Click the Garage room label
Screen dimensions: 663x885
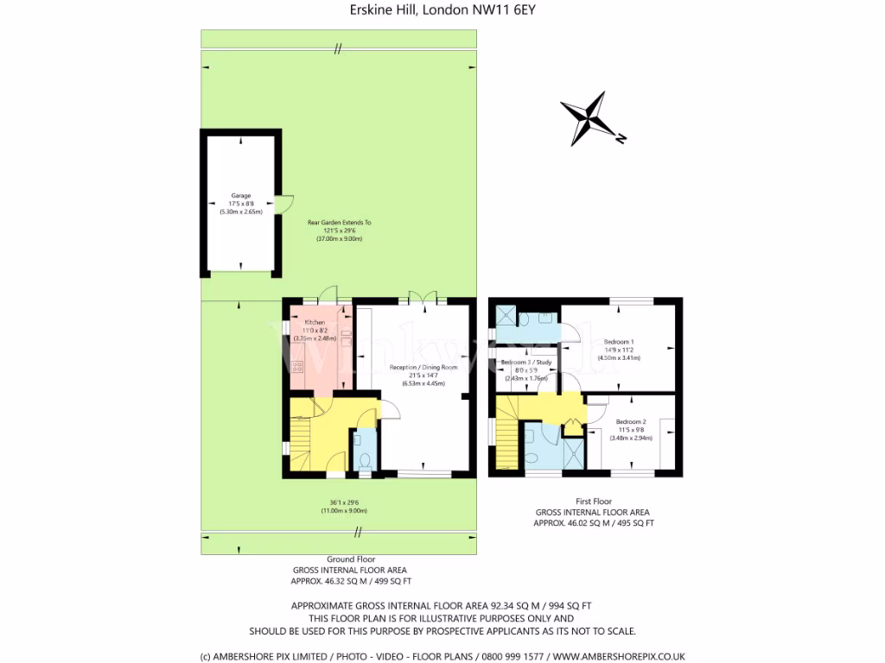(240, 196)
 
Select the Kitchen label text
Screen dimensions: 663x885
(314, 323)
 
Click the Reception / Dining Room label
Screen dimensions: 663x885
(417, 367)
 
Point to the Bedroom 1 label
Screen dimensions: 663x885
(619, 342)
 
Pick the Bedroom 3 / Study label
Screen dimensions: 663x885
(525, 362)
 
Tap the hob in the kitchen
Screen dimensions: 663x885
(298, 369)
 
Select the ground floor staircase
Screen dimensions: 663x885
(301, 436)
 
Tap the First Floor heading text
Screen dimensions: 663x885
(593, 501)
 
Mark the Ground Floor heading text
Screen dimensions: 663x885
(349, 559)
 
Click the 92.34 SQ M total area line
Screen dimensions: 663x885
(442, 606)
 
